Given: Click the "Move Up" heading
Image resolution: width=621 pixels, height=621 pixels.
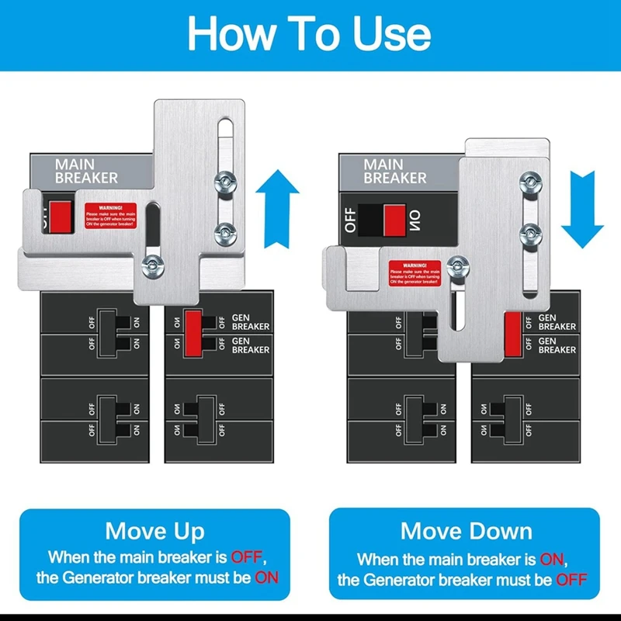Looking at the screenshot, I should [x=154, y=531].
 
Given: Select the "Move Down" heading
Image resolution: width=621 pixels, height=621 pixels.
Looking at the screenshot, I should [x=466, y=531].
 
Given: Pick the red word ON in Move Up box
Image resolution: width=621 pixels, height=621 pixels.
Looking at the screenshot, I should [x=265, y=578].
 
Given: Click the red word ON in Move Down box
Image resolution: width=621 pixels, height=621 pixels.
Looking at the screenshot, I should [x=553, y=558].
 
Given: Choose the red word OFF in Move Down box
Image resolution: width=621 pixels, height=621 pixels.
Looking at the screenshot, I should [x=571, y=579].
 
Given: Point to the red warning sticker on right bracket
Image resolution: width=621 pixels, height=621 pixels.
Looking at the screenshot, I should [x=415, y=272].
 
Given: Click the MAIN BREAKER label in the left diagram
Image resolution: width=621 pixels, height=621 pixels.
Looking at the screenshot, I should [x=86, y=172].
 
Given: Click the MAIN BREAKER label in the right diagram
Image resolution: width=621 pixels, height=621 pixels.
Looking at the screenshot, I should [x=394, y=171].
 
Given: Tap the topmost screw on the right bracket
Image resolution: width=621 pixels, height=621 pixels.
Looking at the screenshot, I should [x=530, y=182].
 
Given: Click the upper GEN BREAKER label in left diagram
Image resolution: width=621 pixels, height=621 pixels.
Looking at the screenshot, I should [x=251, y=322].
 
